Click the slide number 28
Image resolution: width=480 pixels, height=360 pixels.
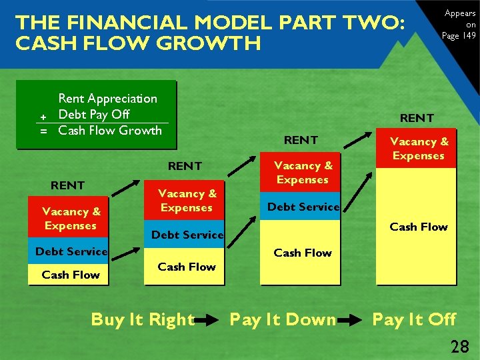point(459,346)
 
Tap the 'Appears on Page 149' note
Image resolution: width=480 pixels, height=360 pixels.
point(460,25)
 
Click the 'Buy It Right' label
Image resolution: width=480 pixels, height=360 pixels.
point(143,320)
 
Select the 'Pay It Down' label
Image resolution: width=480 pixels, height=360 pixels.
point(283,320)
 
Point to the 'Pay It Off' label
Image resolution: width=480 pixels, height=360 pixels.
point(414,320)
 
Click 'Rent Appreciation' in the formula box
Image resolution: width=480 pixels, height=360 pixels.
point(108,99)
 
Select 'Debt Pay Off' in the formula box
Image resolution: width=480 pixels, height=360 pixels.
point(94,115)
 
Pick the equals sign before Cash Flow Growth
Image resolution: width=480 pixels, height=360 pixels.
point(43,131)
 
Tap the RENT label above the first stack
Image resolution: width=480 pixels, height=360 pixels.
point(68,185)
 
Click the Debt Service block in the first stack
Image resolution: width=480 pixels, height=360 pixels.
point(71,251)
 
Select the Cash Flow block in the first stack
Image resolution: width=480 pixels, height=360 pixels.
point(71,275)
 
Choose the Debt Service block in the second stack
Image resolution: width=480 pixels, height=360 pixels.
point(187,235)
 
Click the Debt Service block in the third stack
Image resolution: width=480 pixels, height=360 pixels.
point(303,207)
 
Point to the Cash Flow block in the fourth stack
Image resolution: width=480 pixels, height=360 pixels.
point(418,227)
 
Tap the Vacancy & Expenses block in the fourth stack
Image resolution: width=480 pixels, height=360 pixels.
point(419,149)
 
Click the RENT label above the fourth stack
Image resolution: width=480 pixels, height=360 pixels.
point(417,118)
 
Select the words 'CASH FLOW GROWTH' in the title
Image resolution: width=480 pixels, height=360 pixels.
point(138,44)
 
